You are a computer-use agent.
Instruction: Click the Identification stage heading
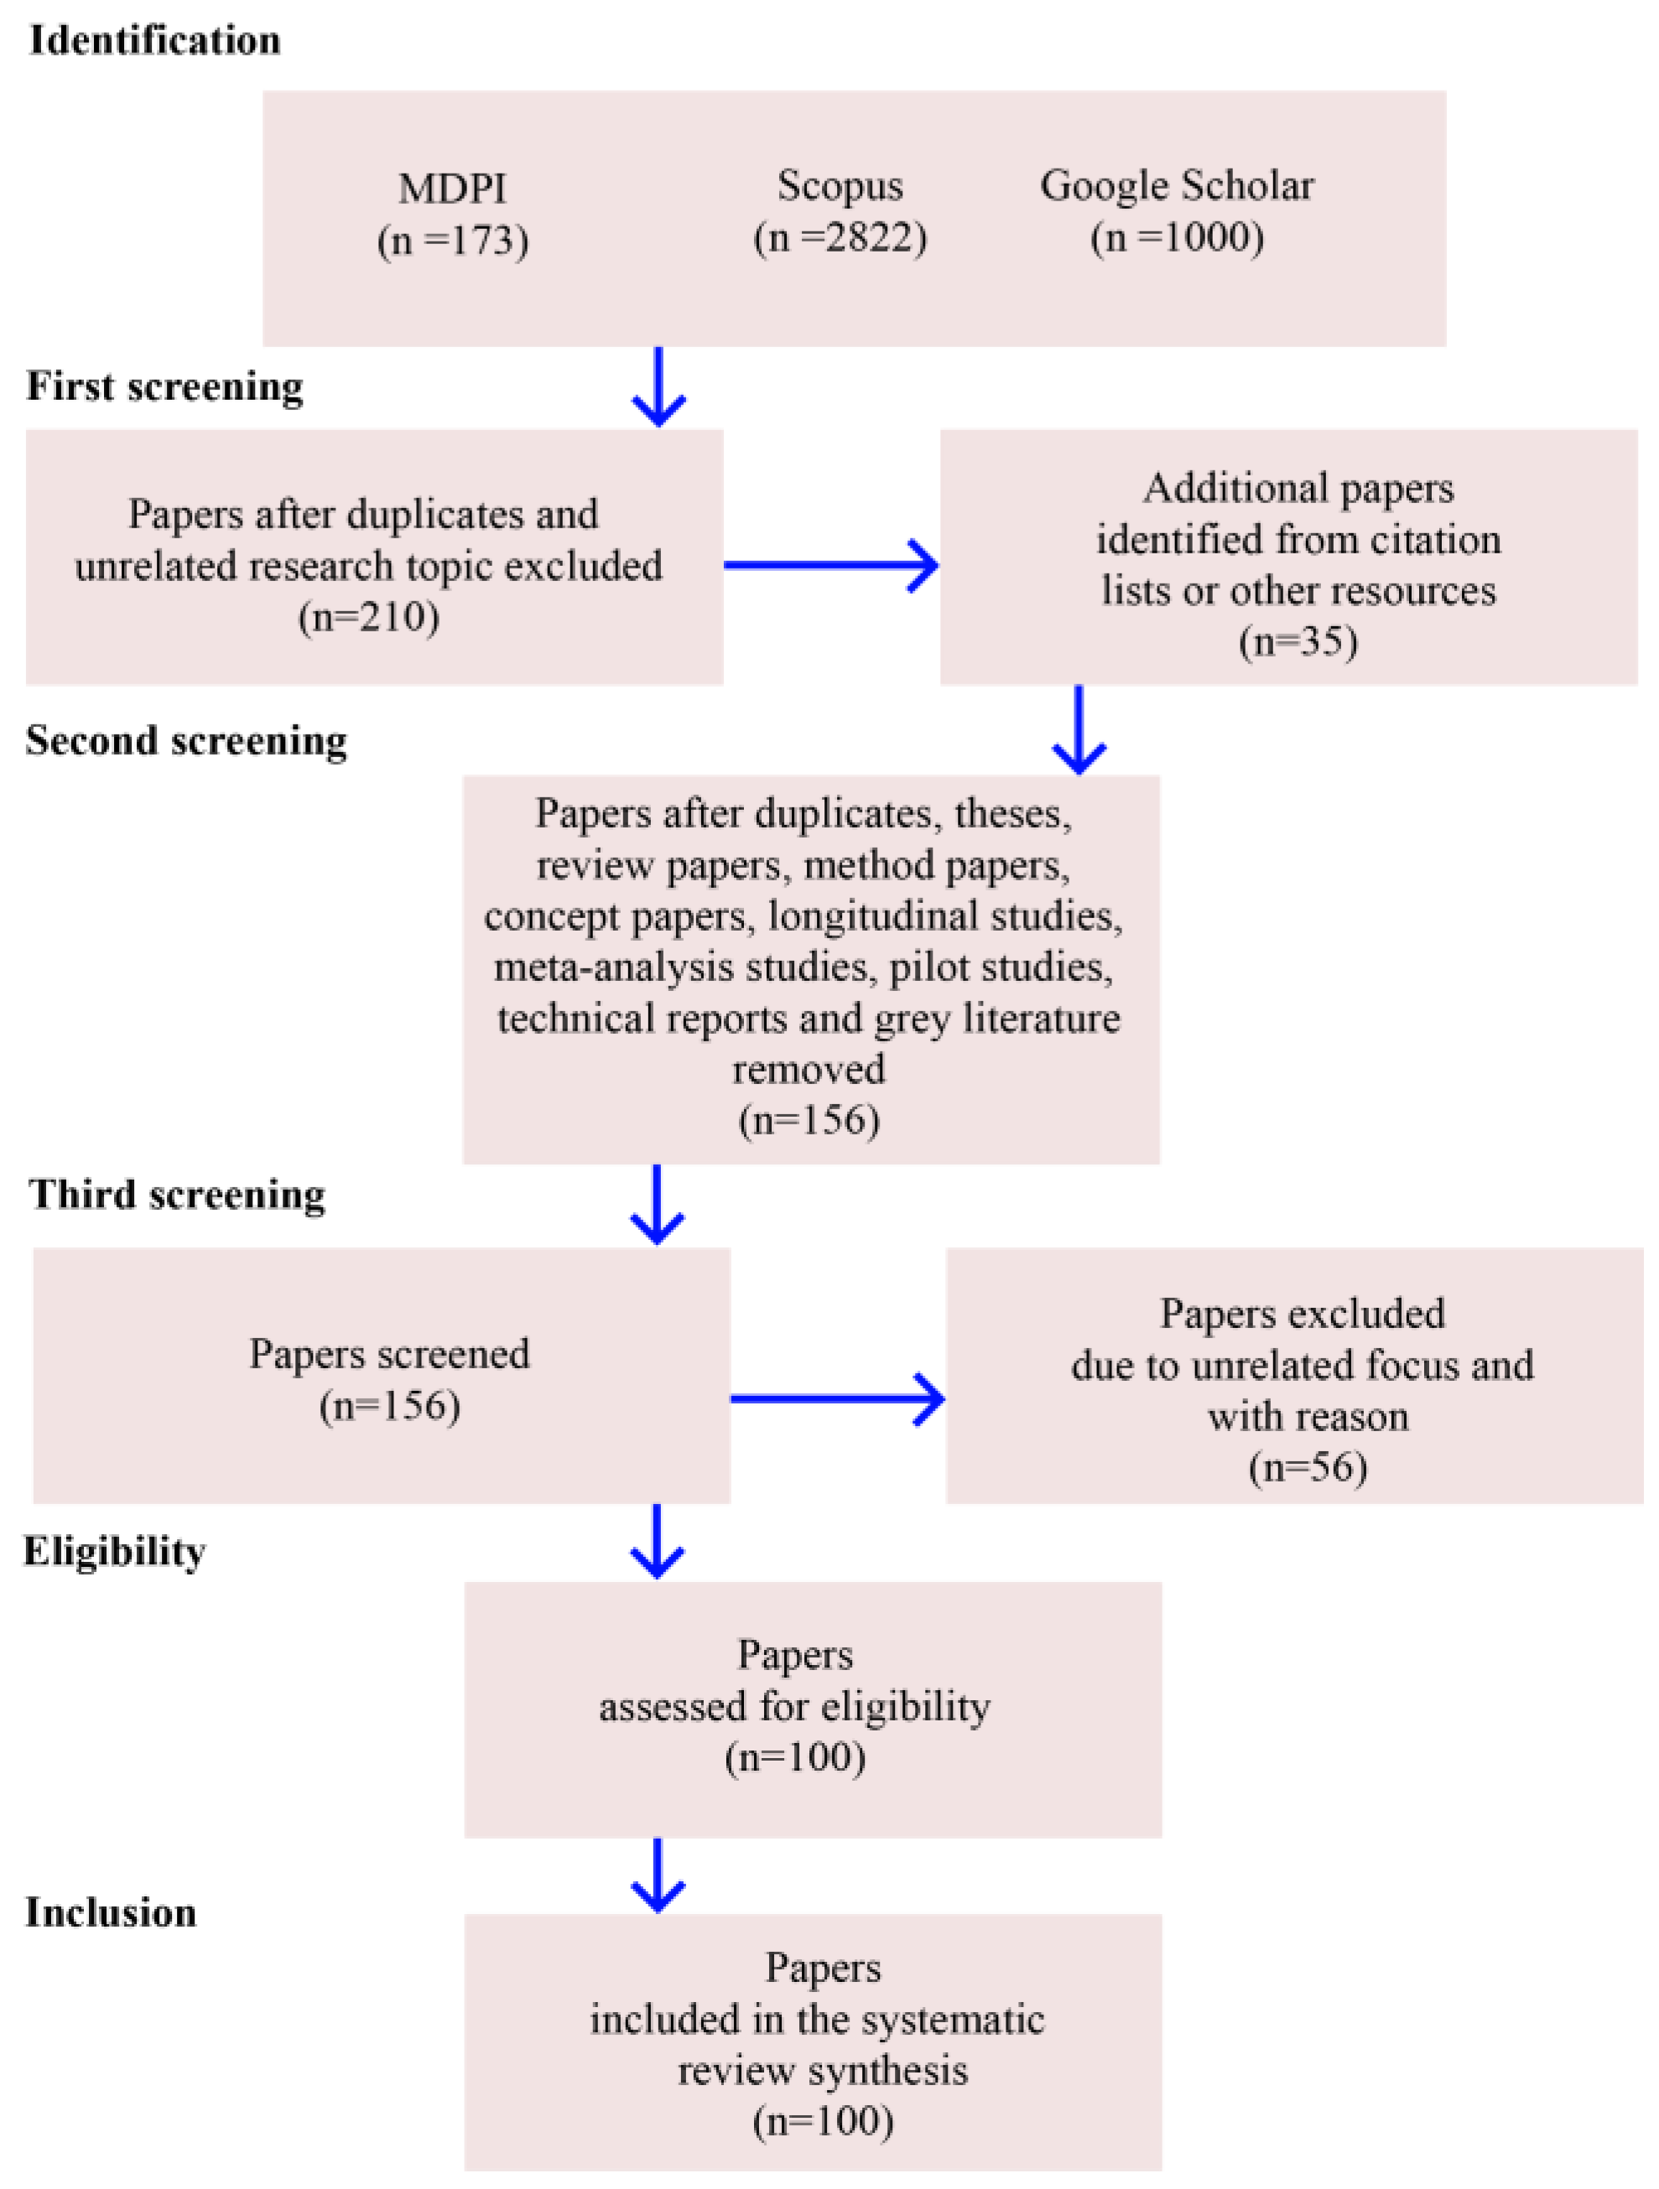[154, 40]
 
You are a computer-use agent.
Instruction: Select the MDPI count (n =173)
[452, 241]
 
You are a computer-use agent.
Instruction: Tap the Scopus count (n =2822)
[840, 237]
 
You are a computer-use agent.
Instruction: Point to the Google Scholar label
[1176, 186]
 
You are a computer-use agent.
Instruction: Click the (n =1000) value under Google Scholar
[1176, 237]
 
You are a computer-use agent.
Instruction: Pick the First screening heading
[164, 386]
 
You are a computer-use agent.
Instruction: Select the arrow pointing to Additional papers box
[831, 565]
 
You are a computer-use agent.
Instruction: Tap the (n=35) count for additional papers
[1297, 641]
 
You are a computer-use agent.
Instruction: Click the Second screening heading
[186, 740]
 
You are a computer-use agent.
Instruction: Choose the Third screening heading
[176, 1195]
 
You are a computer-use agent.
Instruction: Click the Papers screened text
[389, 1354]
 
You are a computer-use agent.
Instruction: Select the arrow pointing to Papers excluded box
[837, 1398]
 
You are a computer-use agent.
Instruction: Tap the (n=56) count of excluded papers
[1307, 1468]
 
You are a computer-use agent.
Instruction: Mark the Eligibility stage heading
[115, 1551]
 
